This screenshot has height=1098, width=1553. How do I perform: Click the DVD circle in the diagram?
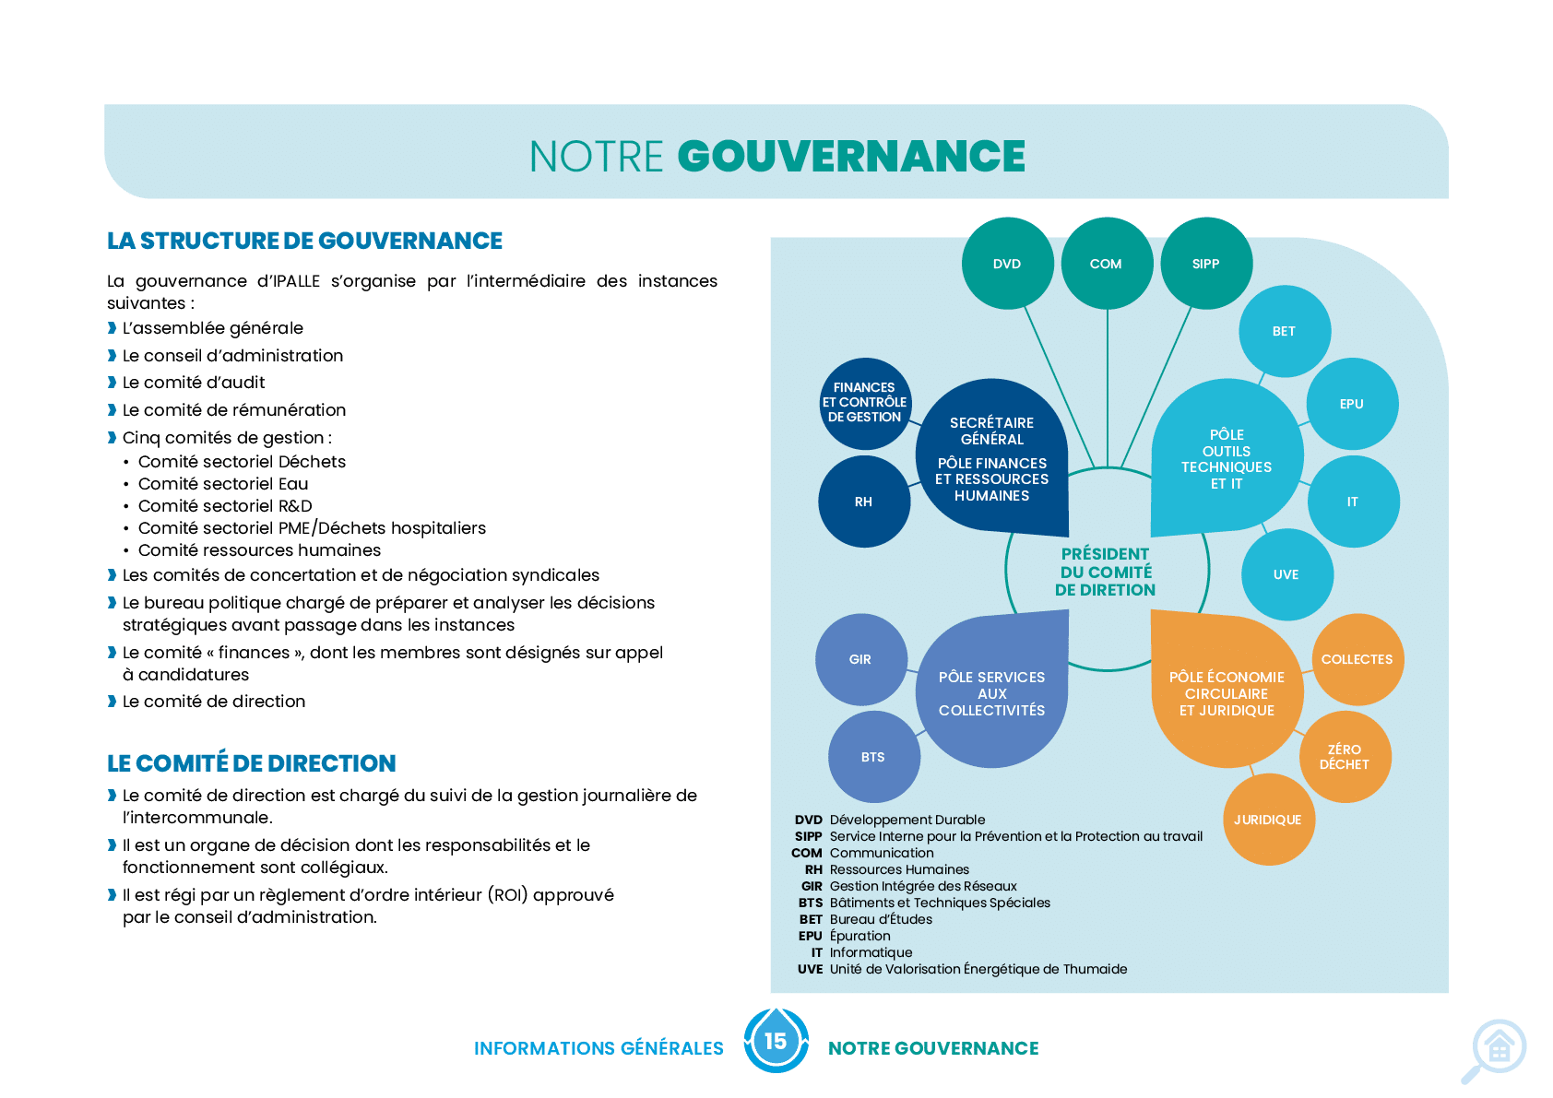[x=1007, y=264]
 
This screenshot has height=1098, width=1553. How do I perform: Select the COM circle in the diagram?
[x=1108, y=264]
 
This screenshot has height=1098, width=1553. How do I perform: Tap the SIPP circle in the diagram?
[x=1206, y=264]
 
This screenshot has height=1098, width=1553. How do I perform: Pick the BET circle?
[x=1285, y=331]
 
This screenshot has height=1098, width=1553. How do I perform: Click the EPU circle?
[x=1353, y=404]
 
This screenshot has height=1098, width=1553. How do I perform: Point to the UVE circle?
[x=1287, y=574]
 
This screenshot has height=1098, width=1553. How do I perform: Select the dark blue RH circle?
[x=864, y=502]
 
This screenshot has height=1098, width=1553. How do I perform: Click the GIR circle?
[x=861, y=660]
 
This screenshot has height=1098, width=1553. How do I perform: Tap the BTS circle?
[x=874, y=757]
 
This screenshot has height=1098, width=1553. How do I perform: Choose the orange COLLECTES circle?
[x=1358, y=660]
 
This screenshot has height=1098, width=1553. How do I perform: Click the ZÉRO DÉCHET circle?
[x=1345, y=757]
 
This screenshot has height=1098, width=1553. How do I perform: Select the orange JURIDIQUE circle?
[x=1269, y=820]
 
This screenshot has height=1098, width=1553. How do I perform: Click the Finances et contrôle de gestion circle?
[x=864, y=404]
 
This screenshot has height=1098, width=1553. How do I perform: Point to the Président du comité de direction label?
[x=1105, y=573]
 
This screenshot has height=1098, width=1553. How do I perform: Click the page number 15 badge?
[x=776, y=1041]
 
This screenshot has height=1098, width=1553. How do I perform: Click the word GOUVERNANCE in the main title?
[x=851, y=156]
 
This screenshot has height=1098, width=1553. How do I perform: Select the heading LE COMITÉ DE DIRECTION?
[x=252, y=763]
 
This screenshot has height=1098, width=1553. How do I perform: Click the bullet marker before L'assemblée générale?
[x=112, y=328]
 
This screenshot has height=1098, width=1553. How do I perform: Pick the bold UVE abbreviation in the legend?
[x=810, y=969]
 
